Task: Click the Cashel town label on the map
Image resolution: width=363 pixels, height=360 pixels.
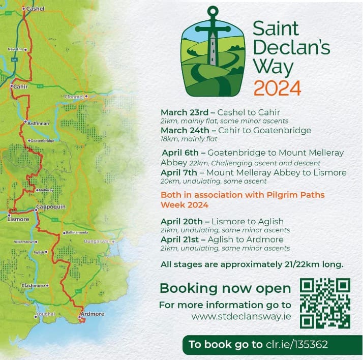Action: [35, 9]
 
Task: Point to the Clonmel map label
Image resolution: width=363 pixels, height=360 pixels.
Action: [74, 97]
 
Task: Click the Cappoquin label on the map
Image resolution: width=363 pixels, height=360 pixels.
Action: [50, 208]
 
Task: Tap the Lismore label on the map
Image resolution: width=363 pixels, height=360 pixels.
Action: [18, 219]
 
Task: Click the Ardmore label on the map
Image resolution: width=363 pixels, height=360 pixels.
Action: [93, 314]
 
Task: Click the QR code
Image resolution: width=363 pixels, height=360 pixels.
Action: [325, 303]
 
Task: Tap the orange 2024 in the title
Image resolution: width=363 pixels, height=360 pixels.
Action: [277, 88]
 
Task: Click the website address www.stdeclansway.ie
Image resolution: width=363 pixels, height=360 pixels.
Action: [241, 316]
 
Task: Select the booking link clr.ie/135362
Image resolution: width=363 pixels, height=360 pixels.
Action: [296, 344]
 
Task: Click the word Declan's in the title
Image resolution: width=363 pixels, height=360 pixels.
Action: [291, 47]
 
